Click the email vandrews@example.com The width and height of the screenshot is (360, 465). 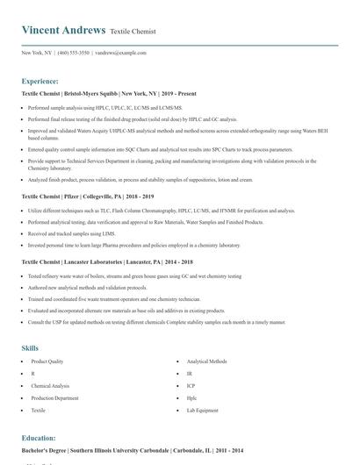pyautogui.click(x=120, y=53)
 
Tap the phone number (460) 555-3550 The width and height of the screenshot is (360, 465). pyautogui.click(x=73, y=53)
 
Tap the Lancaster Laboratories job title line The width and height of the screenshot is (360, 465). pyautogui.click(x=107, y=261)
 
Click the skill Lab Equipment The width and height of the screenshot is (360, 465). pyautogui.click(x=203, y=411)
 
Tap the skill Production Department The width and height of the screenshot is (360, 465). pyautogui.click(x=54, y=398)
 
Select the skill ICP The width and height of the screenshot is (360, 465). pyautogui.click(x=191, y=386)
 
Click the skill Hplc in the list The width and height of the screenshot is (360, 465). pyautogui.click(x=191, y=398)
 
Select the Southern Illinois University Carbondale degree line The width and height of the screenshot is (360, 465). pyautogui.click(x=132, y=450)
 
